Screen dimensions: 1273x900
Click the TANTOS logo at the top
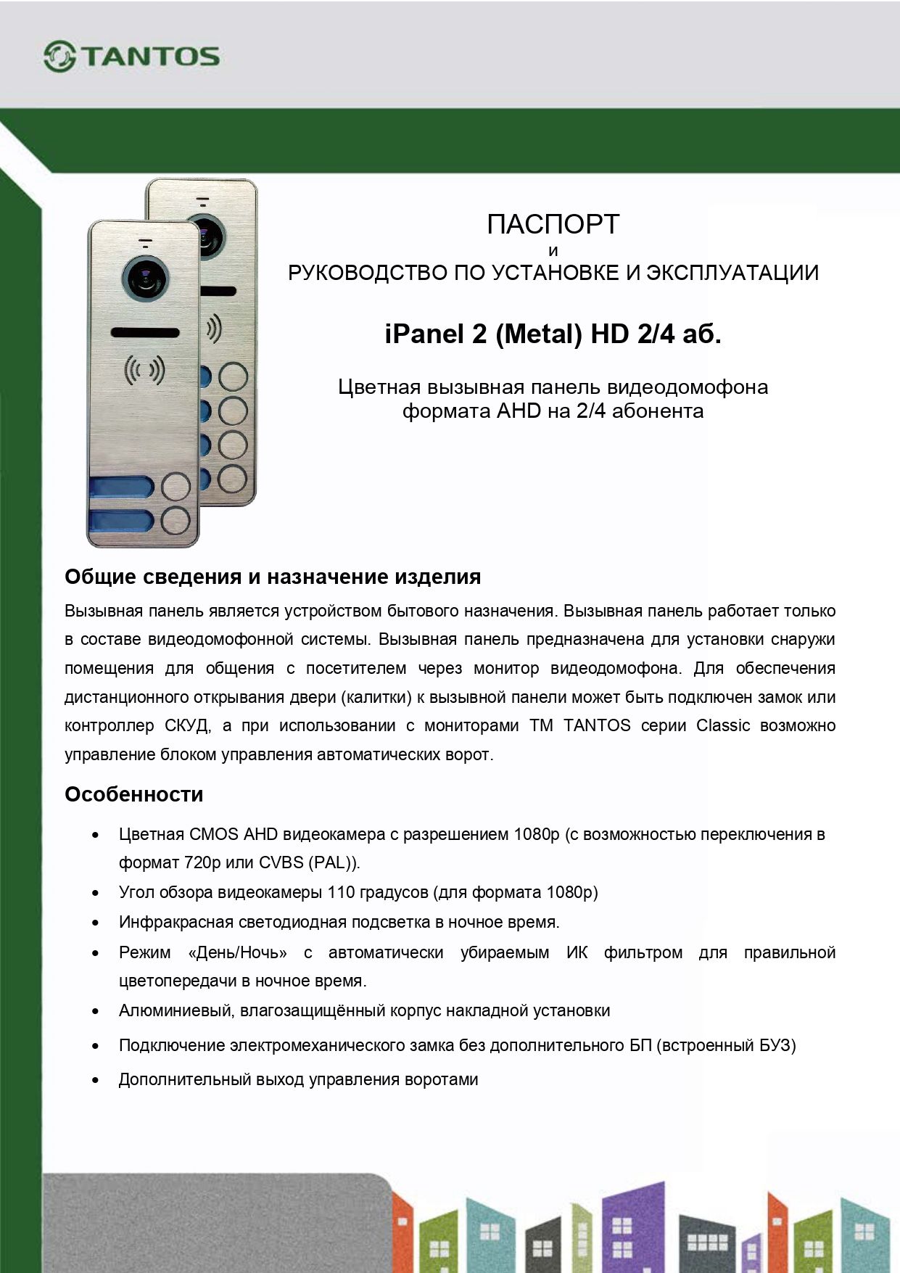131,57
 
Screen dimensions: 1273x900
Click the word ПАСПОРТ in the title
553,224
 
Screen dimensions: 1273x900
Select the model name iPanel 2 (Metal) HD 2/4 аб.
553,334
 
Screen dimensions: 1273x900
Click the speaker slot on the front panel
145,332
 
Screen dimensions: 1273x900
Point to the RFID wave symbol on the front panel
144,370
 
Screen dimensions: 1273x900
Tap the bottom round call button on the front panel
176,521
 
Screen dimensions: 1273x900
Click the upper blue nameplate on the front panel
120,487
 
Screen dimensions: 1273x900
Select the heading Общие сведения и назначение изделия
273,577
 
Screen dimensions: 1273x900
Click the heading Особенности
133,794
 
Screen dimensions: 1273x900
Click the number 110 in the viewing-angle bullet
341,892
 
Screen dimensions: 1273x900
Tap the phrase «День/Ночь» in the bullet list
237,952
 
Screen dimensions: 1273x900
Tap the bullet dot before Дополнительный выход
95,1080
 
